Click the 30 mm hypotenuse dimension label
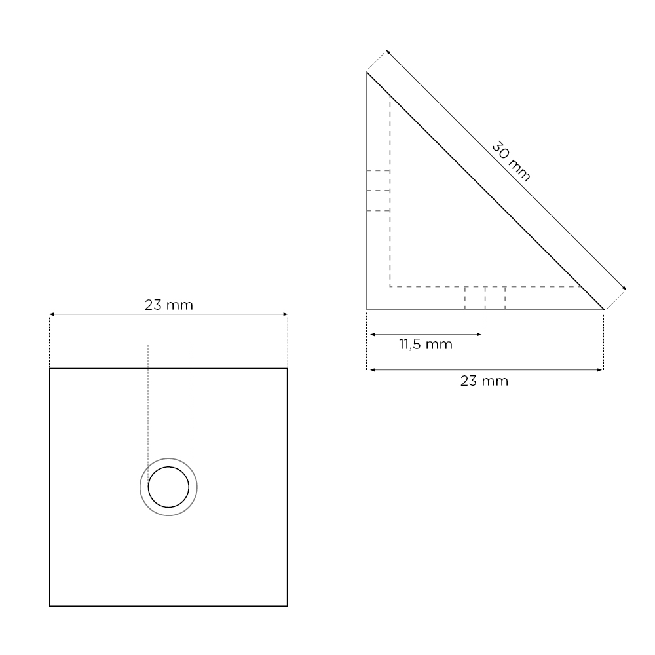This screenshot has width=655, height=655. pyautogui.click(x=511, y=161)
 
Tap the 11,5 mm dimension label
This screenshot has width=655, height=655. pyautogui.click(x=426, y=345)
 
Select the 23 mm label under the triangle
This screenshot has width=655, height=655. pyautogui.click(x=484, y=381)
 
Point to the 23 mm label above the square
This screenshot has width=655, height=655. pyautogui.click(x=169, y=305)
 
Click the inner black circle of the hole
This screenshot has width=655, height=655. pyautogui.click(x=168, y=467)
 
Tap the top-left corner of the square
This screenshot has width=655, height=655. pyautogui.click(x=50, y=368)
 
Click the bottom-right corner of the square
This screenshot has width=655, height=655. pyautogui.click(x=288, y=606)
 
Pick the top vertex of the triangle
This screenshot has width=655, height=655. pyautogui.click(x=367, y=72)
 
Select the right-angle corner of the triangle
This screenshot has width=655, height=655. pyautogui.click(x=367, y=310)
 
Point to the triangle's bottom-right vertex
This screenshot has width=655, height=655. pyautogui.click(x=605, y=310)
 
